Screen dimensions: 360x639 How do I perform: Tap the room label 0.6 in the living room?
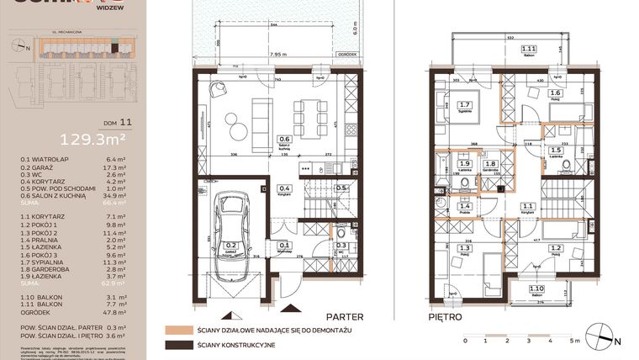tap(285, 140)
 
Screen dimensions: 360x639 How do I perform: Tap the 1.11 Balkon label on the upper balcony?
tap(529, 50)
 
